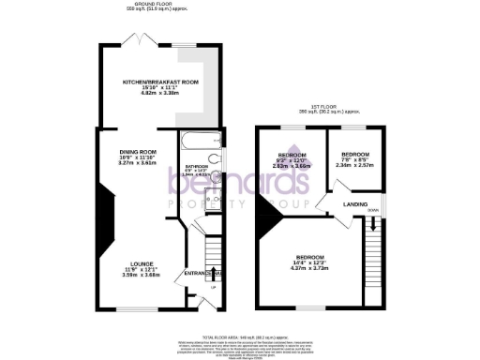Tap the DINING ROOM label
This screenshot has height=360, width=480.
click(x=137, y=151)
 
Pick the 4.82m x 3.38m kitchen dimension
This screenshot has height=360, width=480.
click(x=160, y=94)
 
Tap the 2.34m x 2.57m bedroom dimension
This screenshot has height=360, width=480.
click(x=355, y=165)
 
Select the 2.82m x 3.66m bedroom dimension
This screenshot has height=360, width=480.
click(x=291, y=165)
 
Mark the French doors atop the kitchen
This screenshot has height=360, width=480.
click(x=139, y=42)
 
